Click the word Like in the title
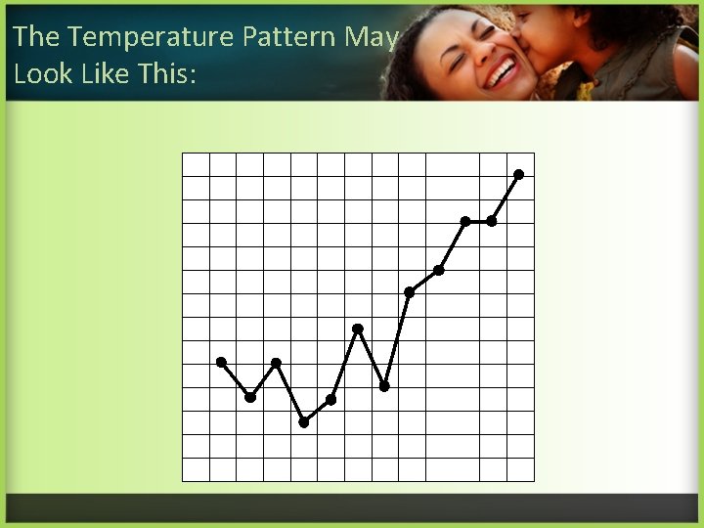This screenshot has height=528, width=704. [x=105, y=74]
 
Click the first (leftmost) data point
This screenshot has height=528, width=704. [x=221, y=362]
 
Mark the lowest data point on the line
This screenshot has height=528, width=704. [x=304, y=422]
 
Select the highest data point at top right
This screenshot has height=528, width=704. [x=519, y=174]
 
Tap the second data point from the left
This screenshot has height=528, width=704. [x=250, y=397]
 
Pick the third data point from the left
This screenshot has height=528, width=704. [x=277, y=363]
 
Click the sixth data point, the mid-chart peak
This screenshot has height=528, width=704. [x=358, y=329]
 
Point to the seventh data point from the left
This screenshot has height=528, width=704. [x=384, y=386]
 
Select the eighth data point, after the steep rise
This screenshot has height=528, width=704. [x=410, y=291]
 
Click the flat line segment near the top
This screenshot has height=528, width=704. [x=478, y=221]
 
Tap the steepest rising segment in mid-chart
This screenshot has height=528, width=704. [x=397, y=338]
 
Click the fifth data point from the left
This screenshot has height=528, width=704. [x=331, y=399]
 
